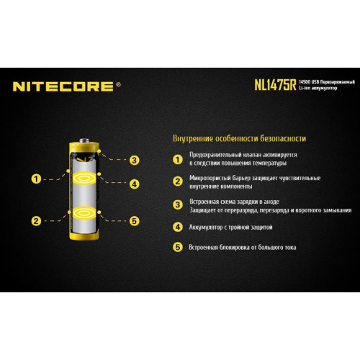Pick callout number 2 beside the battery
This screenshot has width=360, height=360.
click(x=36, y=220)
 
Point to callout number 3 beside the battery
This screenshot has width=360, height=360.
click(x=134, y=160)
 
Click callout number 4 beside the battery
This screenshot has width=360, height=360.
click(x=134, y=184)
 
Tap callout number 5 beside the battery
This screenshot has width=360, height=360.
click(x=134, y=221)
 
